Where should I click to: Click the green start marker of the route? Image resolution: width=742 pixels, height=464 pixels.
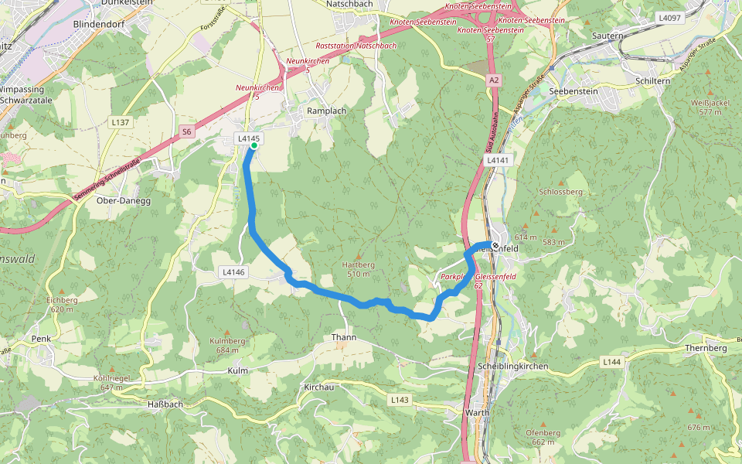click(x=254, y=145)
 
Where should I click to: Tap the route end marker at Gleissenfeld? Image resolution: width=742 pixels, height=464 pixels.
click(x=495, y=246)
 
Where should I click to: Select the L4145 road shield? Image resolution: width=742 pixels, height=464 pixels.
click(x=249, y=138)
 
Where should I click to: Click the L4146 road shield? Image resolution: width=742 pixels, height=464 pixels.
click(x=233, y=272)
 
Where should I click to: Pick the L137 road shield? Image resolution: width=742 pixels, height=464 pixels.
click(x=120, y=122)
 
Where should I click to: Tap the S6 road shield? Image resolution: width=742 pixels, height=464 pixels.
click(x=187, y=132)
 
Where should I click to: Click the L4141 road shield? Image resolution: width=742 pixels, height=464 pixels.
click(x=499, y=159)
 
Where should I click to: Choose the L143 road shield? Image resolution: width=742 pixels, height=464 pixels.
click(x=400, y=400)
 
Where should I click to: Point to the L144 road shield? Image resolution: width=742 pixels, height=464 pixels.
click(x=611, y=362)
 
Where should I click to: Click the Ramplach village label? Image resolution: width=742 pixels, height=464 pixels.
click(x=327, y=111)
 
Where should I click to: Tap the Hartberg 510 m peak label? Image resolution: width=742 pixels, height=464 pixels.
click(x=358, y=268)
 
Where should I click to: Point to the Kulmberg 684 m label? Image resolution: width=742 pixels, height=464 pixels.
click(x=227, y=345)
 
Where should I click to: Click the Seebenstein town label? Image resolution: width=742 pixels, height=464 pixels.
click(x=574, y=91)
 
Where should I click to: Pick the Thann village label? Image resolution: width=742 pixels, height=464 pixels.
click(x=343, y=338)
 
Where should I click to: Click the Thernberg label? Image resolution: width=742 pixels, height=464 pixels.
click(x=706, y=348)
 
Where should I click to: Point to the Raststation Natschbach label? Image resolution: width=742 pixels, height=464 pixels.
click(x=356, y=46)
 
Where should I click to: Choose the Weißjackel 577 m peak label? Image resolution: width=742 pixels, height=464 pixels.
click(x=710, y=107)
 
